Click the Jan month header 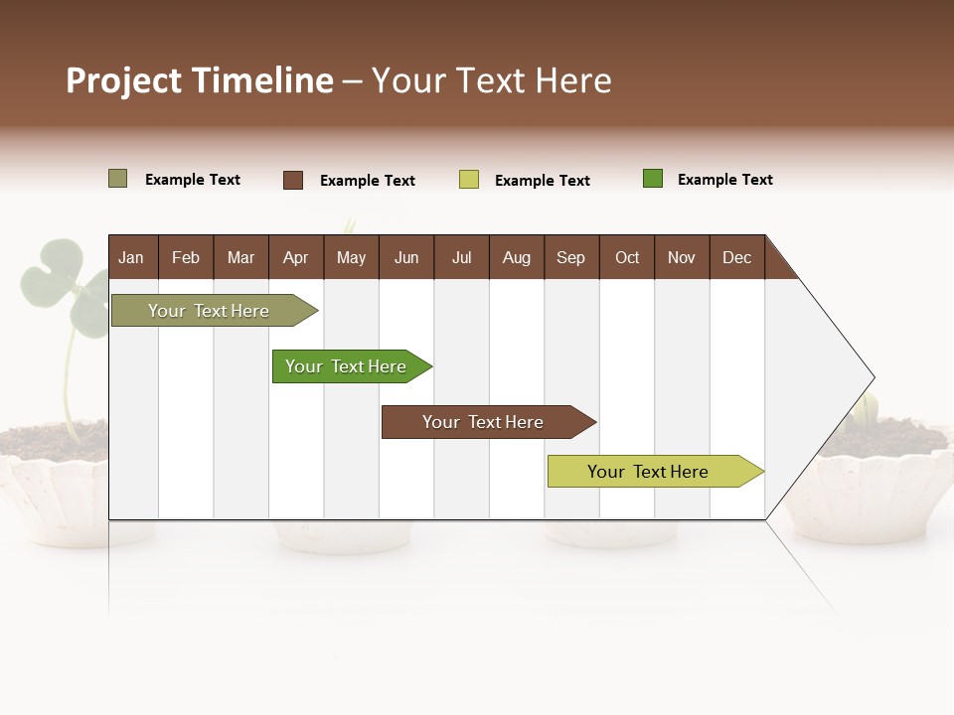(x=131, y=257)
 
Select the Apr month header (x=295, y=257)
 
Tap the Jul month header (x=461, y=257)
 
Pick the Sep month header (x=570, y=257)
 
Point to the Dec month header (x=736, y=257)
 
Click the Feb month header (x=186, y=257)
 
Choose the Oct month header (x=627, y=257)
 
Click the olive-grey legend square (x=118, y=179)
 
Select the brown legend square (x=293, y=180)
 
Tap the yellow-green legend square (x=469, y=180)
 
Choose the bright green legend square (x=653, y=179)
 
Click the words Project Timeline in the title (x=200, y=80)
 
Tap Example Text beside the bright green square (x=724, y=180)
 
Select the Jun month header (x=406, y=257)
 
